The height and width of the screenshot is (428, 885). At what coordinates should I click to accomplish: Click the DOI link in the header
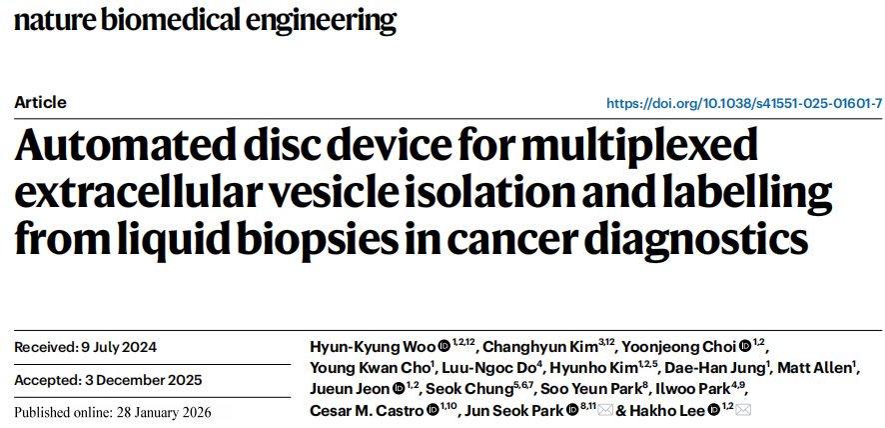(x=744, y=103)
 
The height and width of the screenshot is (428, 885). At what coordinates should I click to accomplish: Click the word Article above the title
(x=41, y=102)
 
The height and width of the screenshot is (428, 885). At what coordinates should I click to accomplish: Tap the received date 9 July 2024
(x=119, y=348)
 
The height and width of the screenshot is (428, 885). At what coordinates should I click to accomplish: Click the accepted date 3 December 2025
(x=141, y=380)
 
